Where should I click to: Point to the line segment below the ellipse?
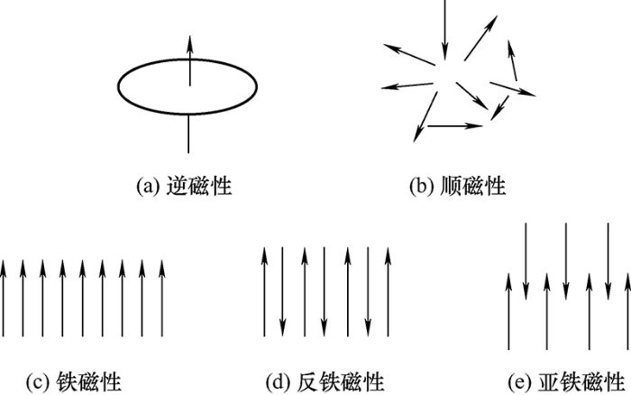[x=188, y=133]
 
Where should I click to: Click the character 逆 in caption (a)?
[x=177, y=186]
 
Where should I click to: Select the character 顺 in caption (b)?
[x=451, y=186]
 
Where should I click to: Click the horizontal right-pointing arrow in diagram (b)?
[x=454, y=126]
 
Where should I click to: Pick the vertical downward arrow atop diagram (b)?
[x=444, y=30]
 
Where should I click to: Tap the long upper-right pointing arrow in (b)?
[x=480, y=38]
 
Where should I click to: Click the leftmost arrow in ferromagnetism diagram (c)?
[x=4, y=298]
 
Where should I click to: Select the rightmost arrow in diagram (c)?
[x=162, y=298]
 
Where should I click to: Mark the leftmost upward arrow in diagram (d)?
[x=264, y=291]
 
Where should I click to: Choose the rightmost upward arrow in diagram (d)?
[x=388, y=291]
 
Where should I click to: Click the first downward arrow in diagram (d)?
[x=283, y=291]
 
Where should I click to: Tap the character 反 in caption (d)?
[x=308, y=381]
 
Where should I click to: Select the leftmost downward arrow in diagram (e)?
[x=526, y=262]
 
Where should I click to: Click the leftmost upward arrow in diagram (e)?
[x=508, y=311]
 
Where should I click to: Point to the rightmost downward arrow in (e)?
[x=608, y=262]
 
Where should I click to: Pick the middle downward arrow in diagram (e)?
[x=566, y=262]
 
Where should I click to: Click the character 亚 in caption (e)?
[x=549, y=381]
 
